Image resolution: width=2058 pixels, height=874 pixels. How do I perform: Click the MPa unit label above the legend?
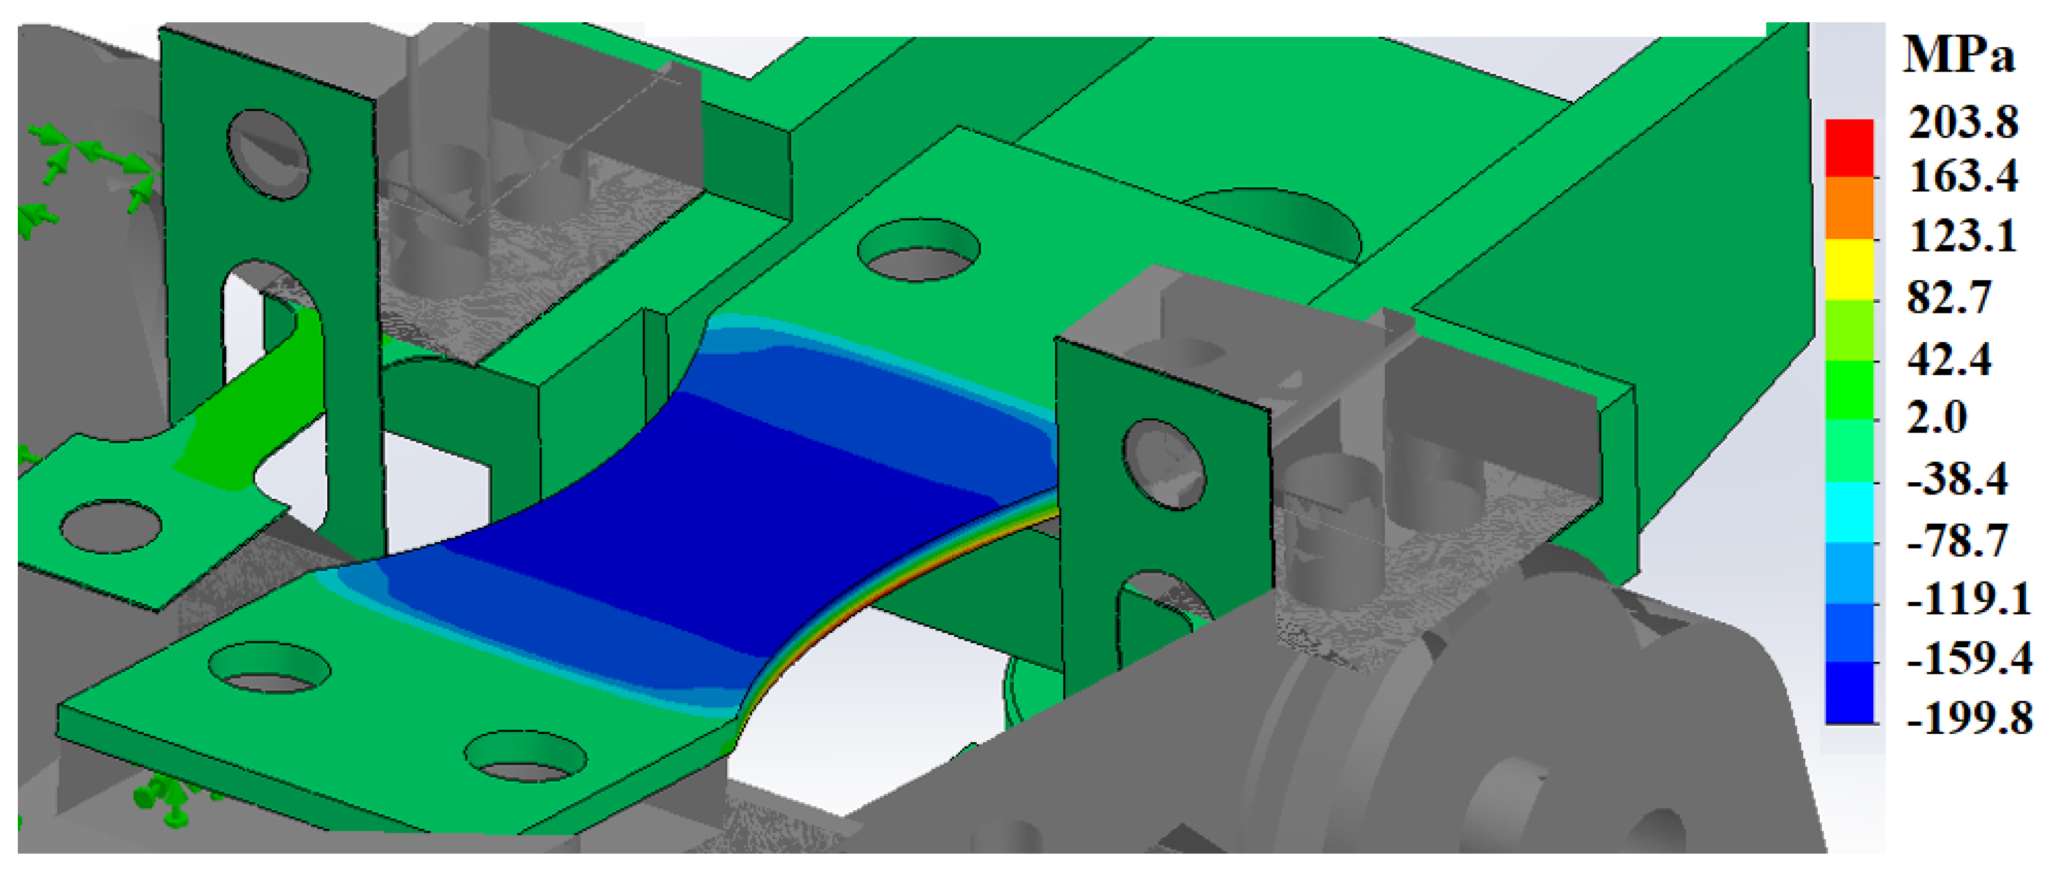point(1958,56)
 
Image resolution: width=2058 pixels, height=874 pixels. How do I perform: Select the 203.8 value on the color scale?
point(1963,123)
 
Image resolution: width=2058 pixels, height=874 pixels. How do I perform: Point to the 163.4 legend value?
point(1963,176)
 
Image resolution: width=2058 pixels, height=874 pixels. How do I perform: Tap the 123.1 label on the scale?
point(1963,236)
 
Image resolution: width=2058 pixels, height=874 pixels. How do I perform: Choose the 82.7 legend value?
point(1949,297)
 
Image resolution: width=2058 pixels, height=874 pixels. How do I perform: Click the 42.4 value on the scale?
point(1949,359)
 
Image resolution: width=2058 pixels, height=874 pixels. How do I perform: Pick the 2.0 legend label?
point(1936,417)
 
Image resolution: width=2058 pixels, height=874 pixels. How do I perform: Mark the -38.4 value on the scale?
point(1957,479)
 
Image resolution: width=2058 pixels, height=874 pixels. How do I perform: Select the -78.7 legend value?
point(1957,541)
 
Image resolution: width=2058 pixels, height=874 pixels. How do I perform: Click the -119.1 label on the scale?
point(1968,599)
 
